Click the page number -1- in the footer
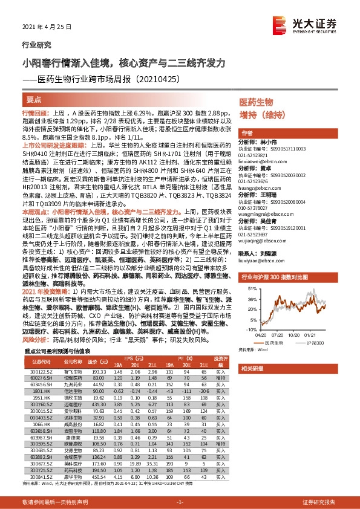click(x=180, y=502)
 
